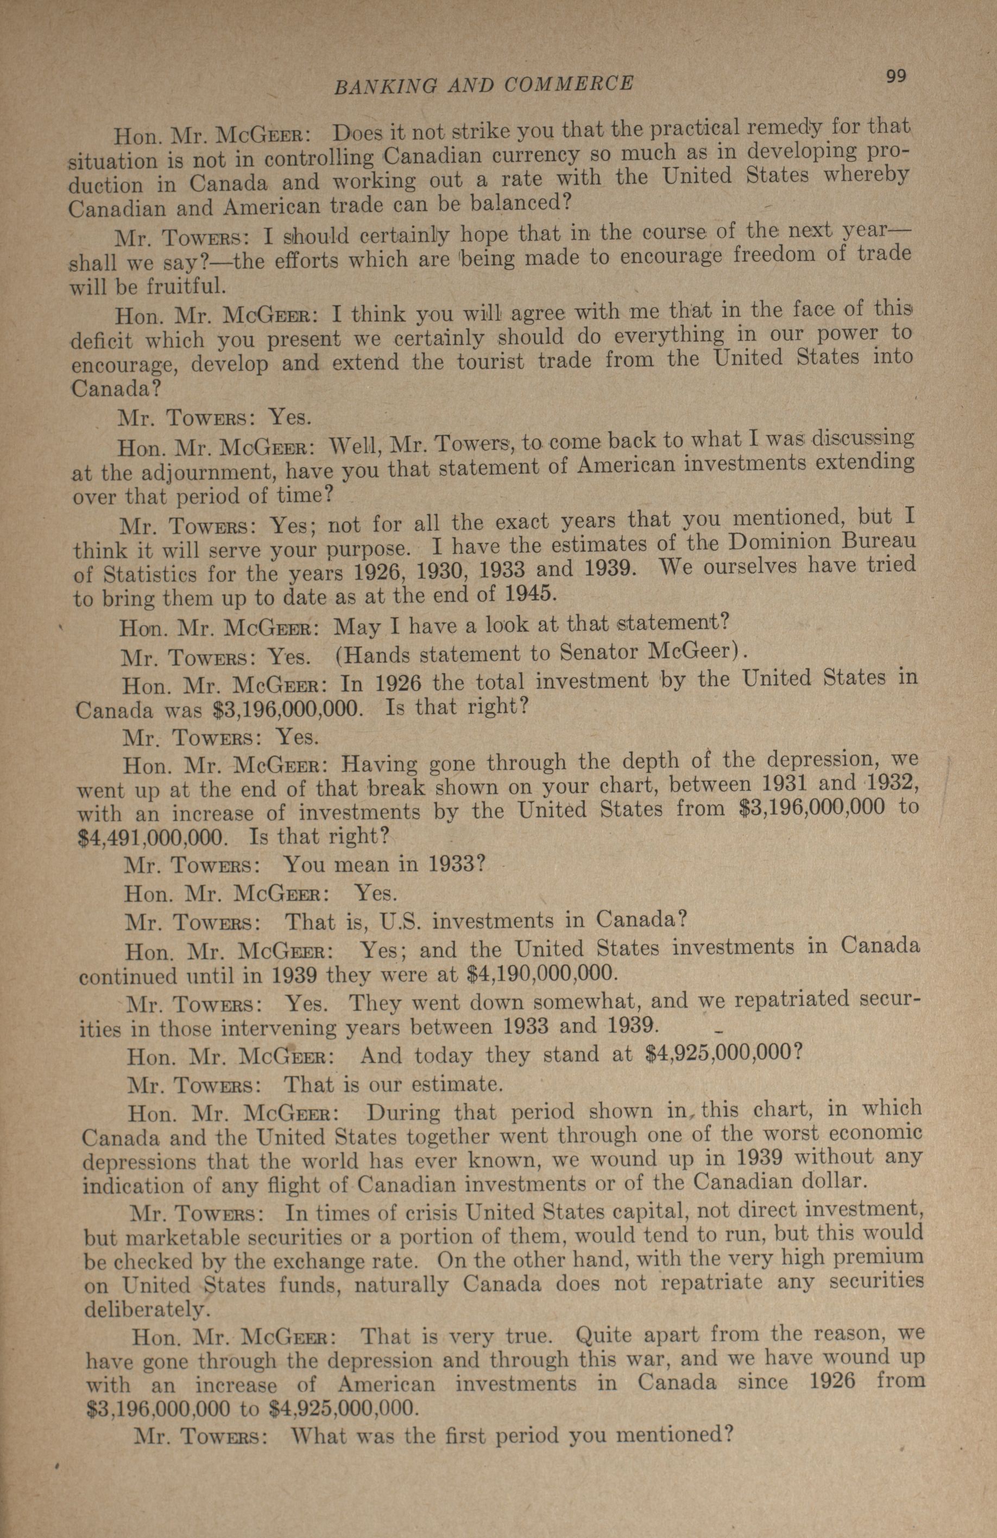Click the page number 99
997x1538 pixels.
pyautogui.click(x=896, y=77)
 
